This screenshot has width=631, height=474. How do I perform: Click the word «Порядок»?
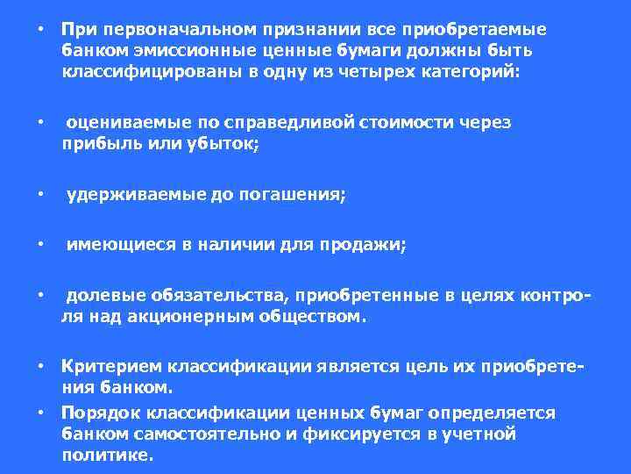click(95, 413)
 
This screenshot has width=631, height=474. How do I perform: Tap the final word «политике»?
click(106, 456)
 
